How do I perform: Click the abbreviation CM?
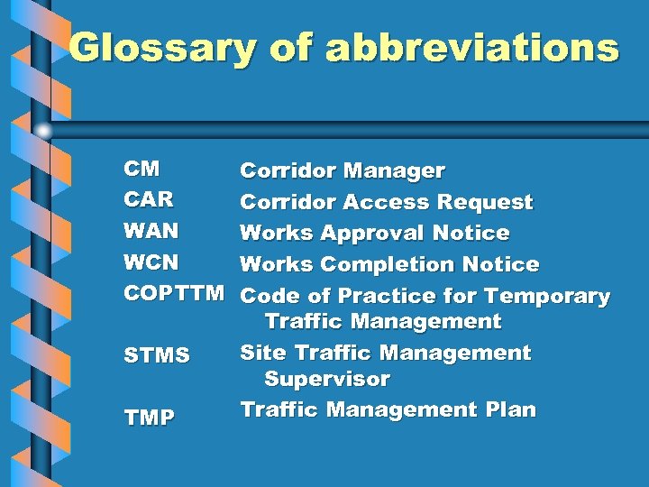[142, 169]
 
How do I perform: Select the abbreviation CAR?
[149, 199]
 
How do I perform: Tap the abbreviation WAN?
[151, 231]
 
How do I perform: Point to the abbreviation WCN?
[151, 262]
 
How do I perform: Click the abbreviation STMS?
[157, 356]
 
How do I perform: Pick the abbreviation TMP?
[149, 418]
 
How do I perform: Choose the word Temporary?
[547, 296]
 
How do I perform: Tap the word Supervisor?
[326, 379]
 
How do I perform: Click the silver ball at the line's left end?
[43, 130]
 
